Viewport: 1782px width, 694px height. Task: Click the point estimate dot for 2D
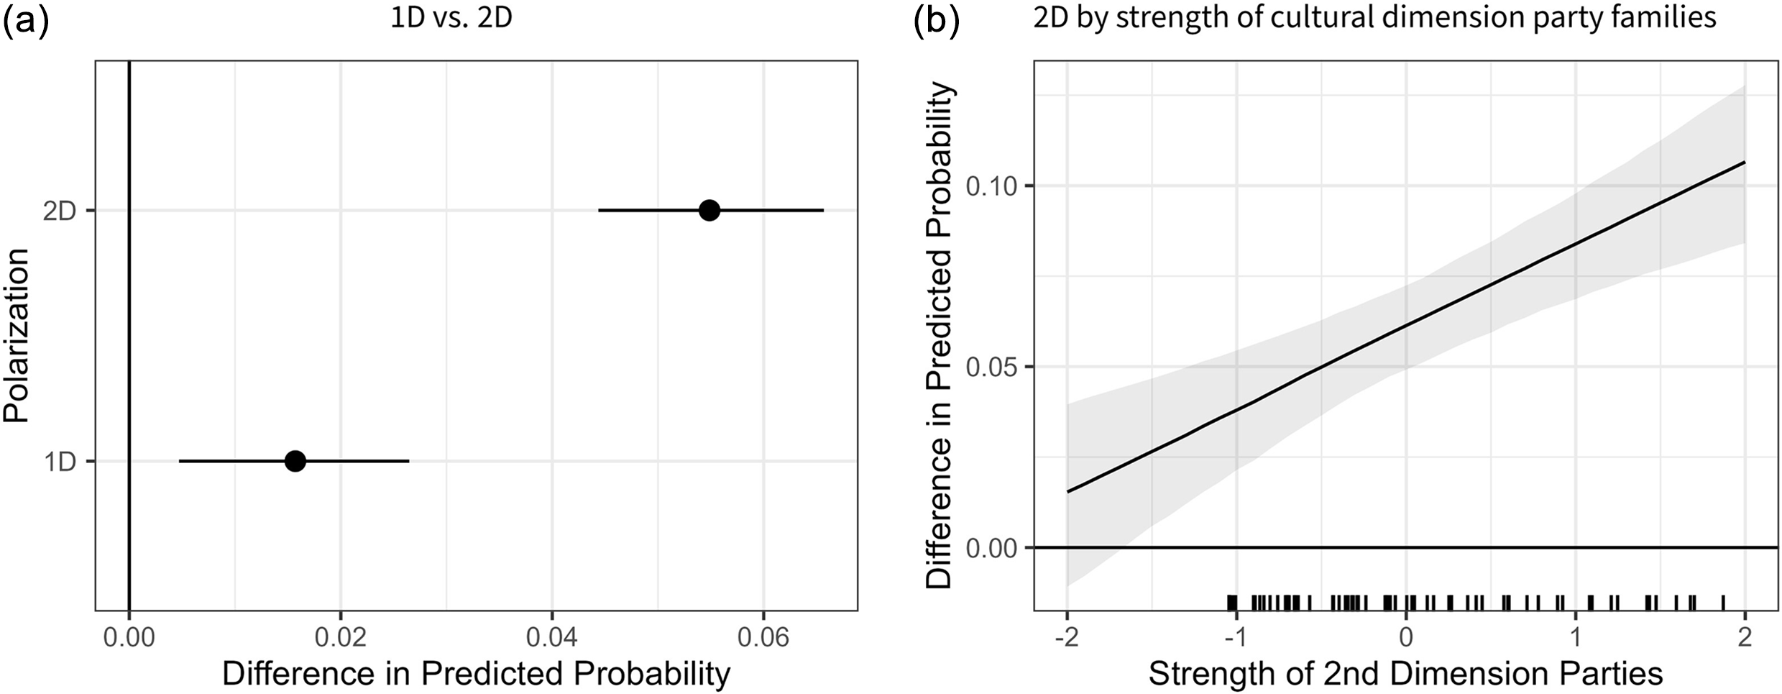tap(709, 210)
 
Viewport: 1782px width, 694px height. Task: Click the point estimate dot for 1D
tap(295, 461)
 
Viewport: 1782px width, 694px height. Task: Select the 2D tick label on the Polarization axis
tap(60, 211)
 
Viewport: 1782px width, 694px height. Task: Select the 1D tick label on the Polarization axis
tap(60, 462)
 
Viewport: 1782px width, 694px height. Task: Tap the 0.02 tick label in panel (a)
tap(340, 638)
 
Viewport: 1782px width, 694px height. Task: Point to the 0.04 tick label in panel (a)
tap(552, 638)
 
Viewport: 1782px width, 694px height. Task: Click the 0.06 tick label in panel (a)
tap(763, 638)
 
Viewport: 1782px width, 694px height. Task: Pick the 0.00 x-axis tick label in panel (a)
tap(129, 638)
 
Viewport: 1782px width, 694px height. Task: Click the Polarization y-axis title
tap(16, 336)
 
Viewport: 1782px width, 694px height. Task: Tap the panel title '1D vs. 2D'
tap(451, 17)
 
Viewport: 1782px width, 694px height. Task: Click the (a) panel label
tap(26, 22)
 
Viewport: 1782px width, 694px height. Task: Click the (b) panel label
tap(936, 22)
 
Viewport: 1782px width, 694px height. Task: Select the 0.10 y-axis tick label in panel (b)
tap(992, 186)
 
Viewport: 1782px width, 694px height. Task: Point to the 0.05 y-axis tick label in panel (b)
tap(992, 367)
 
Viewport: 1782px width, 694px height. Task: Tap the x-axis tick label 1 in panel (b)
tap(1575, 638)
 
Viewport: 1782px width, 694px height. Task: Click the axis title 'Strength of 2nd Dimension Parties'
tap(1405, 674)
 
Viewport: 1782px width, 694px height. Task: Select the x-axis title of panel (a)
tap(476, 674)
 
